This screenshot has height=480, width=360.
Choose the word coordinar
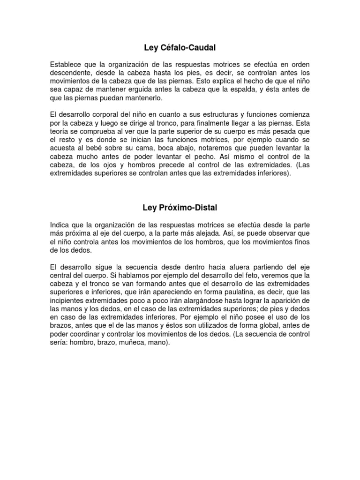coord(92,334)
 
